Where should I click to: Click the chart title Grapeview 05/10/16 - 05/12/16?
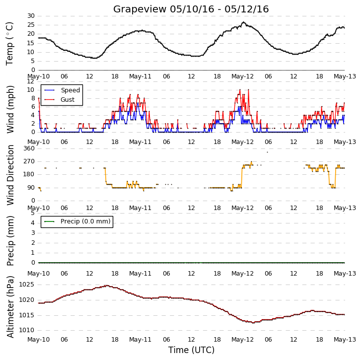click(x=191, y=9)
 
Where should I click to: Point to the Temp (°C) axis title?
click(x=9, y=44)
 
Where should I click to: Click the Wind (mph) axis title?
click(x=10, y=109)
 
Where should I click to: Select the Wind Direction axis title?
click(x=10, y=175)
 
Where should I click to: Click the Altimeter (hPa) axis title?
click(x=10, y=306)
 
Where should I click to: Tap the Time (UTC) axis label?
click(x=191, y=350)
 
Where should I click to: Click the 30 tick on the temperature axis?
click(x=31, y=16)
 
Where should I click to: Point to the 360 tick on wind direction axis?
click(x=29, y=148)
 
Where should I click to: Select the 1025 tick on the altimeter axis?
click(x=26, y=285)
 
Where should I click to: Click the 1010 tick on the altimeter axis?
click(x=26, y=330)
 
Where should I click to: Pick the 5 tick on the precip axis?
click(x=33, y=213)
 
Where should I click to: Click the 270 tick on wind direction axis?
click(x=29, y=161)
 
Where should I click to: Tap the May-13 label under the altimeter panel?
click(x=345, y=340)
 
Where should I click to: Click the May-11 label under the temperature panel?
click(x=140, y=76)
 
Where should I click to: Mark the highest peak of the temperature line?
click(x=243, y=22)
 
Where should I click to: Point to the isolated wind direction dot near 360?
click(x=267, y=152)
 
